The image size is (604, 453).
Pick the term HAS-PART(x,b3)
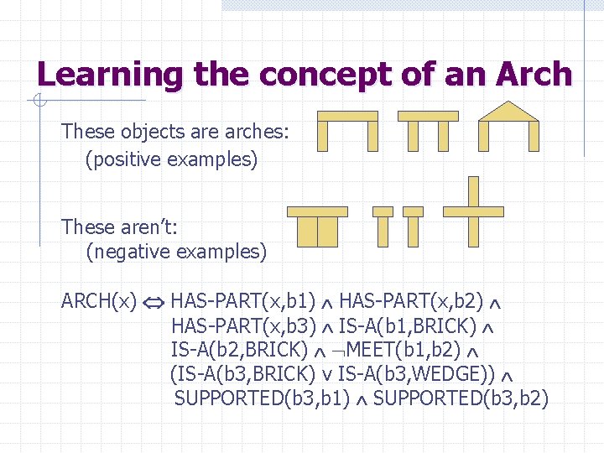(243, 325)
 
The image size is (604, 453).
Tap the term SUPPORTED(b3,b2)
(461, 398)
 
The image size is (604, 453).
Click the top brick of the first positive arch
(347, 116)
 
